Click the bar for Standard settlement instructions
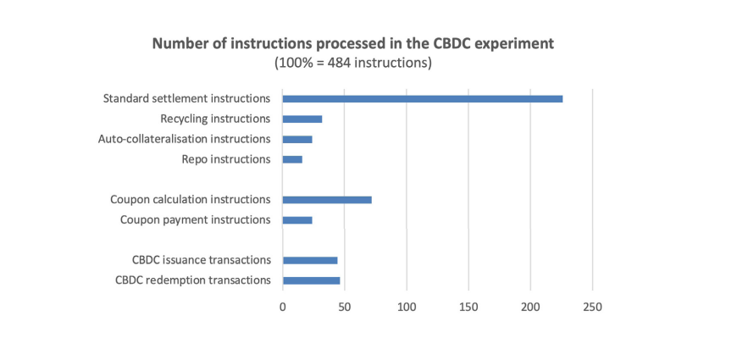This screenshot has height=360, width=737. point(423,99)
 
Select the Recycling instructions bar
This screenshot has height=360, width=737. point(302,119)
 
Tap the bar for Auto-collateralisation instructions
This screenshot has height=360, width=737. point(297,140)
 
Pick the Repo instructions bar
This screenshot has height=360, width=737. point(292,160)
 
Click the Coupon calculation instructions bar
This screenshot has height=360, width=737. point(327,200)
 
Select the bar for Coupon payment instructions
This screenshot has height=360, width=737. point(297,220)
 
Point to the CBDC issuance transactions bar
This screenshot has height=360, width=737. point(310,260)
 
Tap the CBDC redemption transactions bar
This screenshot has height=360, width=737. point(311,280)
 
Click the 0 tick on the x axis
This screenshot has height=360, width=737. point(282,307)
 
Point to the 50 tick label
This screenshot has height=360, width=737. point(345,307)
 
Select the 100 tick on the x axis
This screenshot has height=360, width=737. point(407,307)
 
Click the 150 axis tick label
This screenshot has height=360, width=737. point(468,307)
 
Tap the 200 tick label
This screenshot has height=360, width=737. point(530,307)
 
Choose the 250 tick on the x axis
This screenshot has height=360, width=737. point(593,307)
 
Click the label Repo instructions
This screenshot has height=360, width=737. point(226,159)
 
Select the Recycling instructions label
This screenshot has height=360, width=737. point(215,119)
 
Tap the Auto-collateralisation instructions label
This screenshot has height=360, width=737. point(185,139)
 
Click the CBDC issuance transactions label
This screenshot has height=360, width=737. point(202,260)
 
